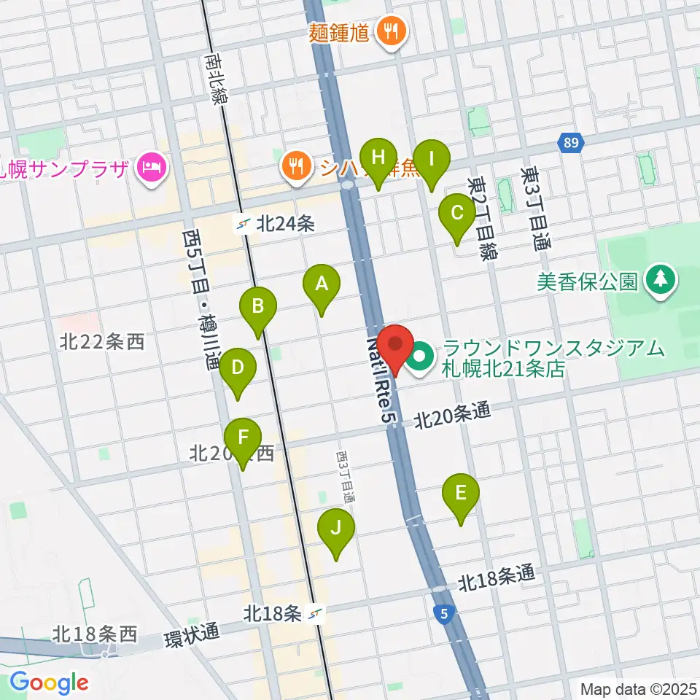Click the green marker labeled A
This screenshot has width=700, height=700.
[x=322, y=285]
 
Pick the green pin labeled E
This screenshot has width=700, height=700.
[x=461, y=494]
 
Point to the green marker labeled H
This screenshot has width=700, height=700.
[x=378, y=158]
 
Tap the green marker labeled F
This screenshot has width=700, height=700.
[x=243, y=439]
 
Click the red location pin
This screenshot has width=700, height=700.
[x=395, y=345]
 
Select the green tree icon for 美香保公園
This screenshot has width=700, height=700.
[x=661, y=281]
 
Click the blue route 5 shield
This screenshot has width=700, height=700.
[x=444, y=615]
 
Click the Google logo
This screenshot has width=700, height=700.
[x=49, y=682]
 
